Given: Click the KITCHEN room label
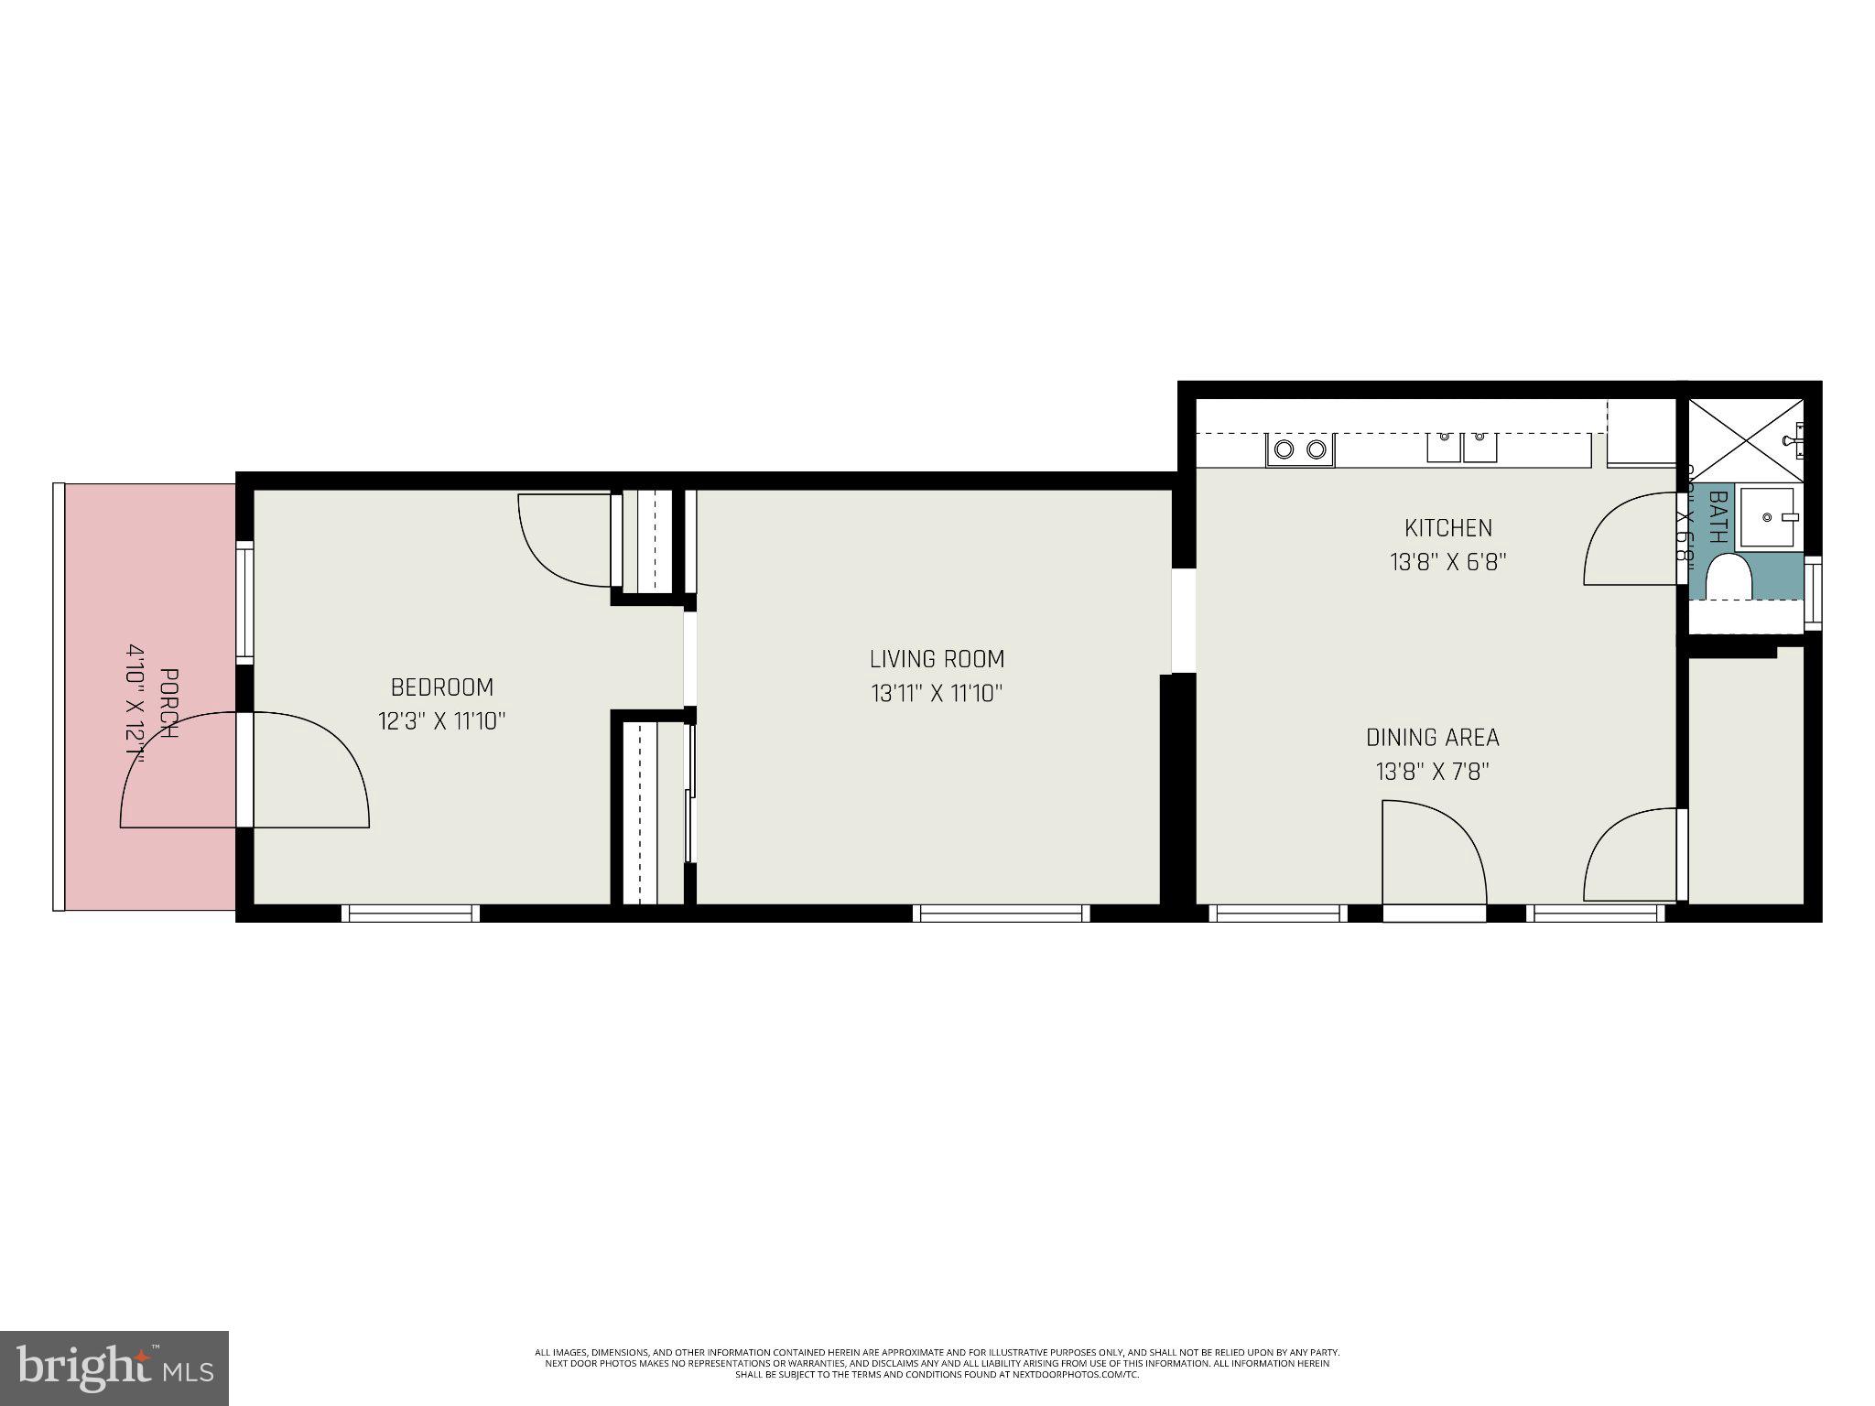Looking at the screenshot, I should [x=1447, y=528].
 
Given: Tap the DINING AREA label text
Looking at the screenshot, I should [x=1432, y=737].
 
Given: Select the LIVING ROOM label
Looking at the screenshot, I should [x=937, y=659].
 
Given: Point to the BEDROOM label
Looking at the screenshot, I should [x=442, y=687].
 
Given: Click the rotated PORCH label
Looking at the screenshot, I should [x=168, y=704].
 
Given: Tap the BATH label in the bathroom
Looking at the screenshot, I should [x=1718, y=517].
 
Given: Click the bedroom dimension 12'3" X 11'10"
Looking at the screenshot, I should [x=442, y=721].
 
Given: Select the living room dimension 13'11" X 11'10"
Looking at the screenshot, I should [x=937, y=694].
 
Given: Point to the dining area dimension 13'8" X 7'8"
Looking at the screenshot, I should [x=1432, y=772].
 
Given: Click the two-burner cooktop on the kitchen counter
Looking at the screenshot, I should [x=1300, y=449].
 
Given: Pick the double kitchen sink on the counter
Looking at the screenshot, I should [x=1461, y=448].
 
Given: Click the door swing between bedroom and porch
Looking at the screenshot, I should [x=245, y=770].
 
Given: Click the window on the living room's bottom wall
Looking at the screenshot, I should [x=1002, y=913].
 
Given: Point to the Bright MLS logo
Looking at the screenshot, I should [x=114, y=1368].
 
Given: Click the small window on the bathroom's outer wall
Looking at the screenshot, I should [x=1812, y=592].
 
